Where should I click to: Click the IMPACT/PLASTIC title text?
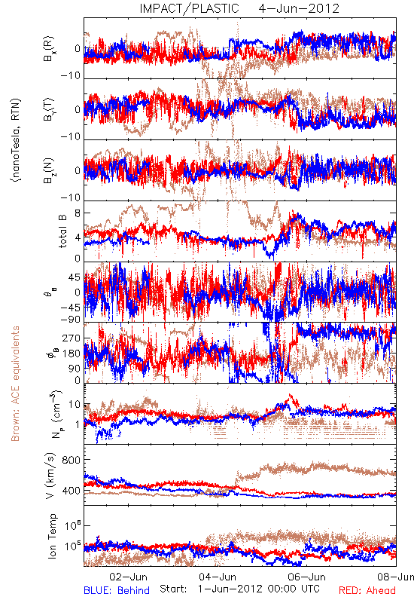pos(189,8)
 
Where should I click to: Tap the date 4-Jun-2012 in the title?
pos(299,8)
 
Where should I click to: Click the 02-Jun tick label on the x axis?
pos(128,577)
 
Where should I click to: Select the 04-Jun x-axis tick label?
pos(218,577)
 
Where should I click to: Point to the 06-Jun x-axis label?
pos(307,577)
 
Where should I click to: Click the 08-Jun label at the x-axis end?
pos(396,577)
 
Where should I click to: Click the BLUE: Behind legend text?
pos(117,591)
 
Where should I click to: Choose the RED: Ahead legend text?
pos(367,591)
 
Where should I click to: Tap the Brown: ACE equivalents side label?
pos(15,384)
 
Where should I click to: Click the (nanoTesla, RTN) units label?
pos(16,140)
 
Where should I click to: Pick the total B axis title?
pos(62,231)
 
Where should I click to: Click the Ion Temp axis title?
pos(52,536)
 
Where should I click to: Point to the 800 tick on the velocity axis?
pos(72,460)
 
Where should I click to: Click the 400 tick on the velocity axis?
pos(72,491)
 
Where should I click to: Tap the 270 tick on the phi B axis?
pos(72,338)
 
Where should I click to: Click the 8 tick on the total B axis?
pos(78,213)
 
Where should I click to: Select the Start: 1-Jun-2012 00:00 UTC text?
pos(239,589)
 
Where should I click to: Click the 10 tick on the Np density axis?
pos(74,405)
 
